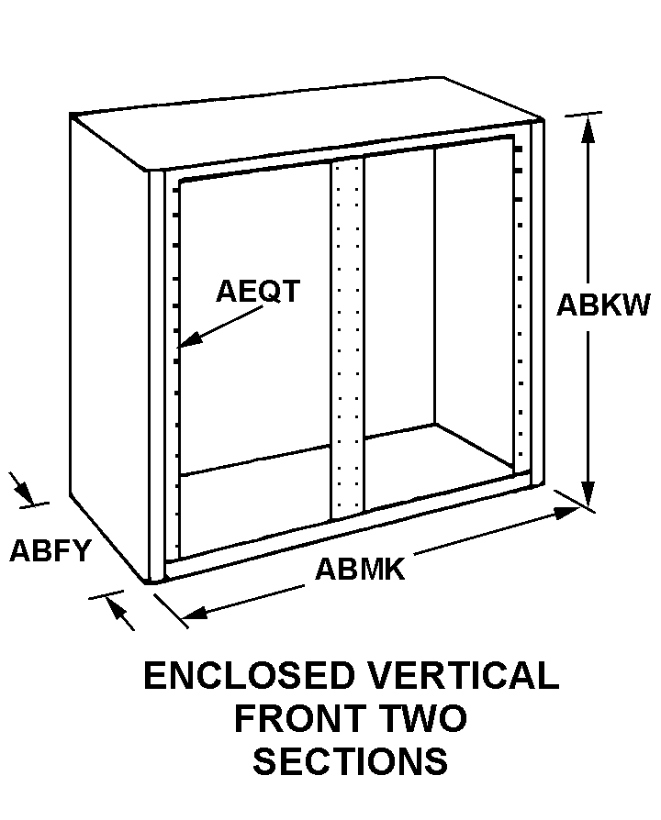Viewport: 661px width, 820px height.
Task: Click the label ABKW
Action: pos(602,305)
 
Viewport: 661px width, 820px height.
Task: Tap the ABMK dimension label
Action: pos(360,569)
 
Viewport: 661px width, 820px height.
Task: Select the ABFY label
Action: pos(50,550)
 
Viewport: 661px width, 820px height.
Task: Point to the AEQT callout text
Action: pos(258,291)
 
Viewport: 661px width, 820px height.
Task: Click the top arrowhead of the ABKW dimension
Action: pos(589,127)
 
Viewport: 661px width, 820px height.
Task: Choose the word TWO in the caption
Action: pos(426,719)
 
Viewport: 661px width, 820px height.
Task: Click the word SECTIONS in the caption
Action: pos(351,761)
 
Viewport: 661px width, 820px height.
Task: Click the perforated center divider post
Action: pos(348,339)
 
